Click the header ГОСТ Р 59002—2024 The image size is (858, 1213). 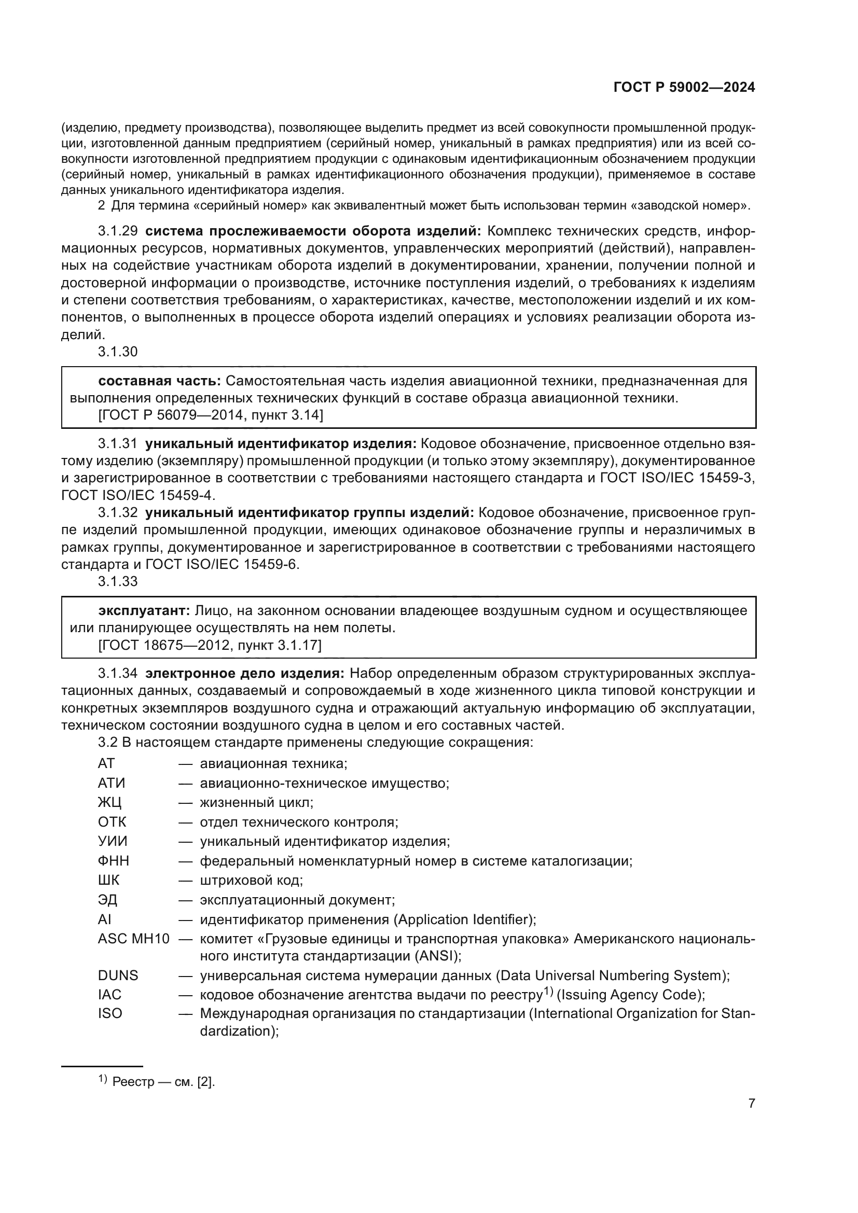pos(684,88)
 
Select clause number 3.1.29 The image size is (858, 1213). pos(117,231)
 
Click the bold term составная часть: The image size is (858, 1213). pos(160,381)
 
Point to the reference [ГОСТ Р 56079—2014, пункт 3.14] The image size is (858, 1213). pos(210,415)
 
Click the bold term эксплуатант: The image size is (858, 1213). pos(144,611)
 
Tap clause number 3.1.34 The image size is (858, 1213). pos(117,674)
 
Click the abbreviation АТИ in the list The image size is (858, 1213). pos(112,783)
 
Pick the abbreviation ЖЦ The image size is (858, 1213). pos(109,802)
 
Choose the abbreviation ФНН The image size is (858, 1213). pos(113,861)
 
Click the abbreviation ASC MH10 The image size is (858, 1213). pos(133,939)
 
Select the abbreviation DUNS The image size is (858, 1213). pos(118,975)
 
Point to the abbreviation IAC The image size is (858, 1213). pos(109,995)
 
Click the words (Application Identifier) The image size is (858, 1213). pos(464,920)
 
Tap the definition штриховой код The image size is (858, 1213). pos(251,881)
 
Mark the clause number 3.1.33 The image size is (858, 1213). pos(117,582)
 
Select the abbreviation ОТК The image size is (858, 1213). pos(112,822)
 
